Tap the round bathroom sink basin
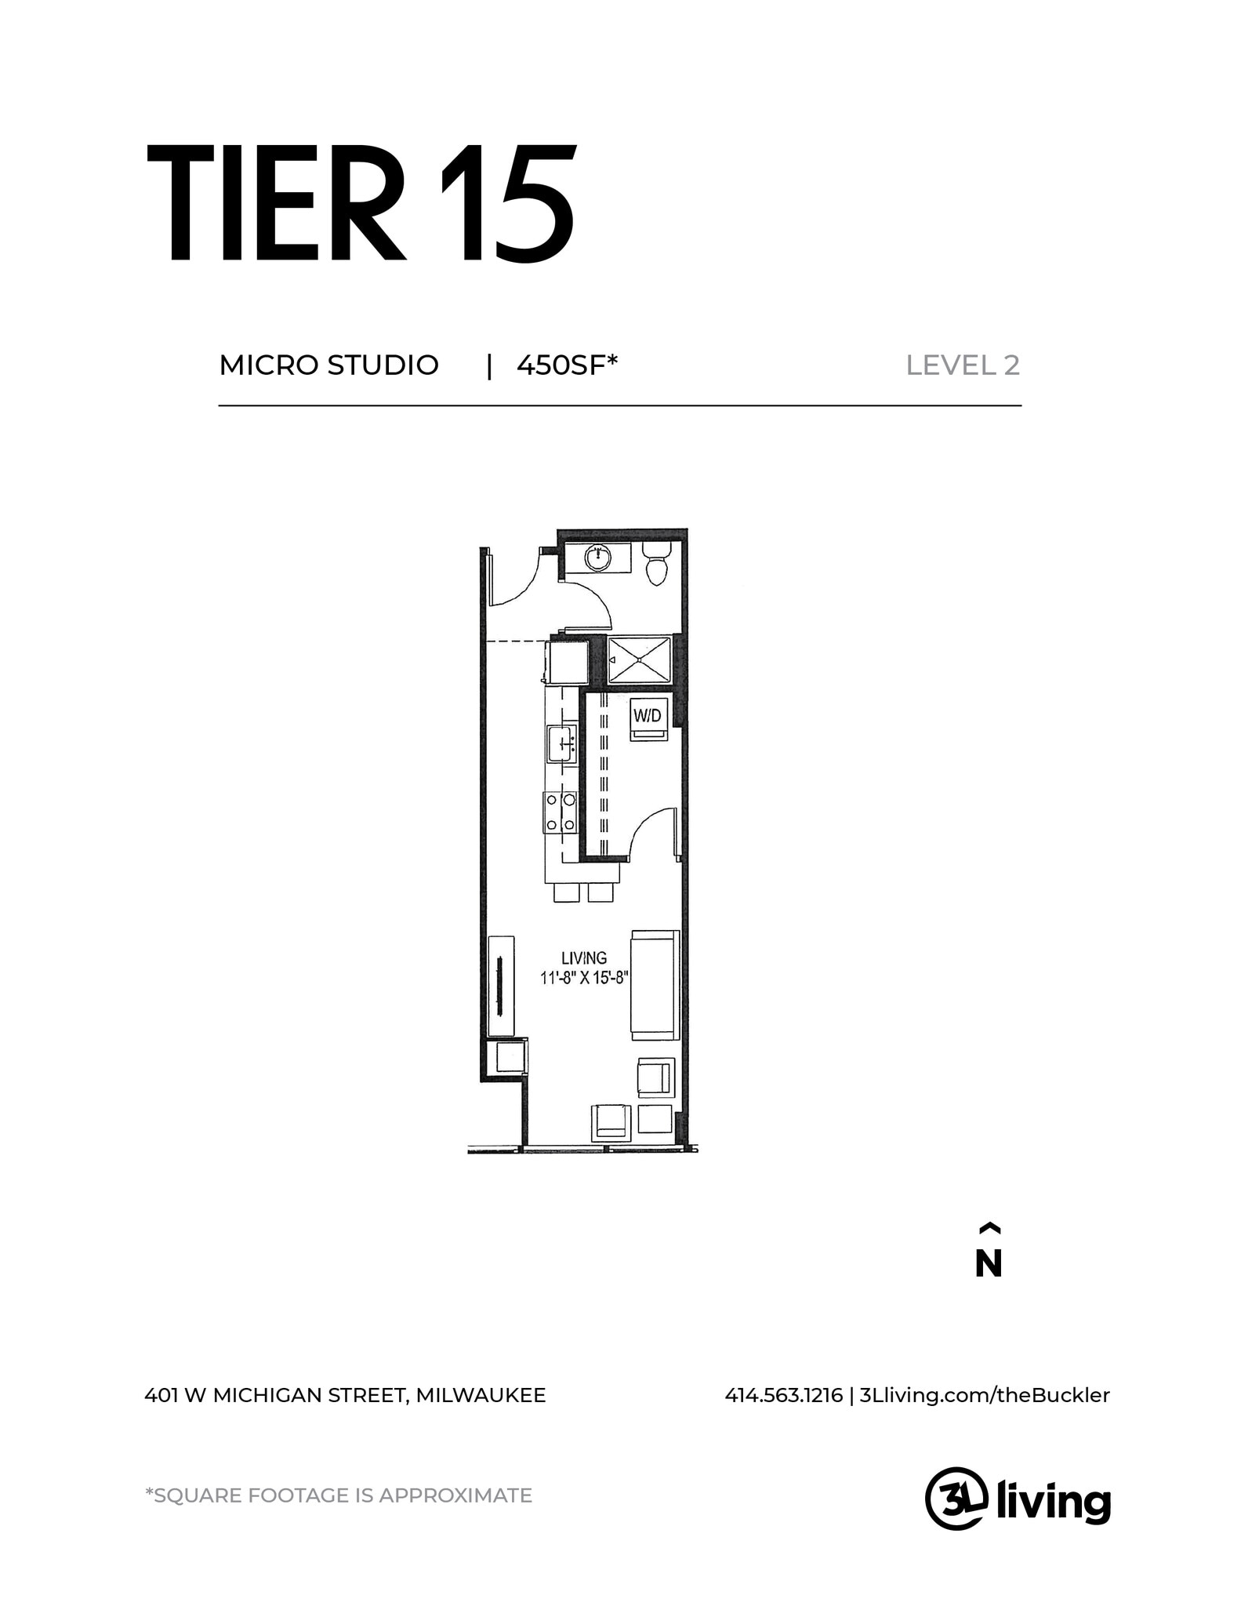pyautogui.click(x=598, y=558)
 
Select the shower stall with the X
pyautogui.click(x=640, y=660)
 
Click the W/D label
pyautogui.click(x=648, y=715)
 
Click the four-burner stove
pyautogui.click(x=560, y=812)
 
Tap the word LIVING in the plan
pyautogui.click(x=583, y=957)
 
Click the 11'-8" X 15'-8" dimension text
pyautogui.click(x=585, y=978)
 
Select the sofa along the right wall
pyautogui.click(x=655, y=986)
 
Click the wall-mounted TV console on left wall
pyautogui.click(x=501, y=986)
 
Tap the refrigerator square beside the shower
pyautogui.click(x=568, y=663)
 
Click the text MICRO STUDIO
pyautogui.click(x=328, y=365)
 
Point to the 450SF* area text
pyautogui.click(x=567, y=365)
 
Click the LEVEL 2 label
pyautogui.click(x=962, y=365)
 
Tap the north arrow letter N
pyautogui.click(x=988, y=1263)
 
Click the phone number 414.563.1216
pyautogui.click(x=783, y=1395)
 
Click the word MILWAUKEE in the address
pyautogui.click(x=481, y=1395)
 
